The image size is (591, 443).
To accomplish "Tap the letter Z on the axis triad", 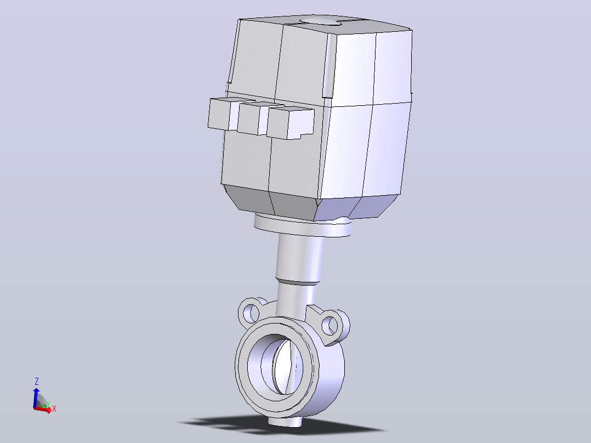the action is (x=37, y=381).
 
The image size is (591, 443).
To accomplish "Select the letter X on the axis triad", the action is (x=54, y=408).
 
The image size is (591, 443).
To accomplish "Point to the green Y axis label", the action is (x=48, y=405).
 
